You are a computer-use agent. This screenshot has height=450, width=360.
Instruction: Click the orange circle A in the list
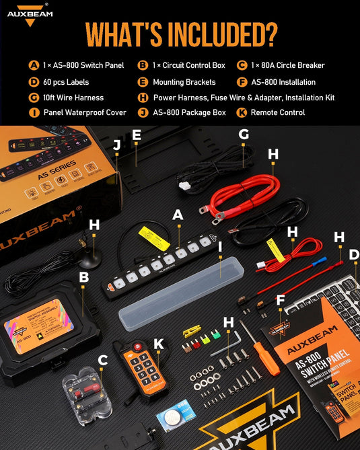pyautogui.click(x=34, y=66)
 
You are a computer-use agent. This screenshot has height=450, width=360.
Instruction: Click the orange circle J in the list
pyautogui.click(x=142, y=112)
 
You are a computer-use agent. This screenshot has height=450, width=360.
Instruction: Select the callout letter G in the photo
pyautogui.click(x=244, y=135)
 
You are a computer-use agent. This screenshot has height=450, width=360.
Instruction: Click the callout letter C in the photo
pyautogui.click(x=103, y=361)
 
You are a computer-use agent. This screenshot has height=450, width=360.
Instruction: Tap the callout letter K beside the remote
pyautogui.click(x=159, y=344)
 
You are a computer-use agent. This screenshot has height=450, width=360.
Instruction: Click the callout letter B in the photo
pyautogui.click(x=84, y=276)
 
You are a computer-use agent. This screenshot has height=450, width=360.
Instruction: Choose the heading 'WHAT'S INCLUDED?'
pyautogui.click(x=180, y=34)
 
